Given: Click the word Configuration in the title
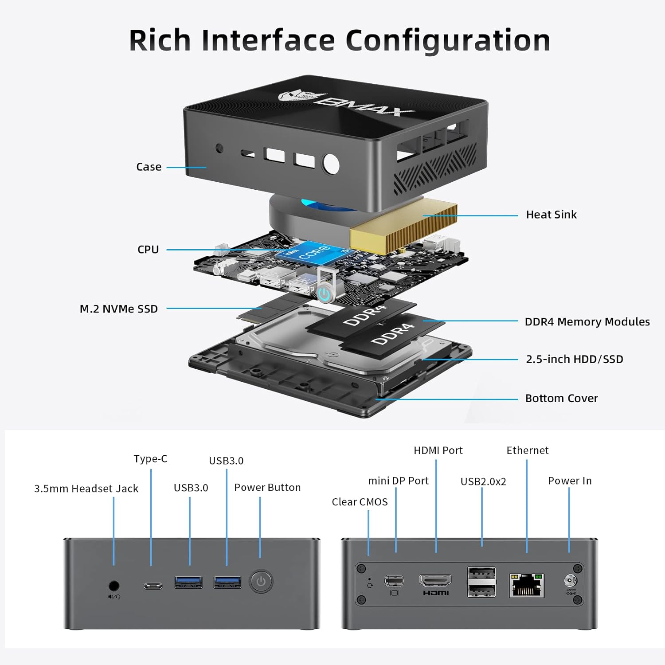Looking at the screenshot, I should click(448, 41).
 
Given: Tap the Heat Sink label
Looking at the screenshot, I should click(551, 215).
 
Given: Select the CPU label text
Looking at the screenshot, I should click(148, 250).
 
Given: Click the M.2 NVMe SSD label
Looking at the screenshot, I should click(118, 309).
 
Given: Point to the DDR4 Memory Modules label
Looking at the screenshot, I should click(587, 322).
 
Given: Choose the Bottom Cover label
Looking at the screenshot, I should click(561, 399).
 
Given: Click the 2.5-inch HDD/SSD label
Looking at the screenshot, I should click(574, 359).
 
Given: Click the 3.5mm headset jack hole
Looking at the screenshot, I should click(114, 586).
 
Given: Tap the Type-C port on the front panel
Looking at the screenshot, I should click(153, 586).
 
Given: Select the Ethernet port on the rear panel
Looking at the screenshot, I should click(526, 585).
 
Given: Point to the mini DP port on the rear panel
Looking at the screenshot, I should click(394, 580).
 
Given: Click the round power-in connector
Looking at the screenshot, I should click(569, 580).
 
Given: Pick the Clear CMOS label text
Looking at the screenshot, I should click(360, 502).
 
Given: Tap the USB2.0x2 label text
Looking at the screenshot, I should click(483, 481).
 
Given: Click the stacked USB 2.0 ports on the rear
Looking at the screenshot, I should click(481, 582).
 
